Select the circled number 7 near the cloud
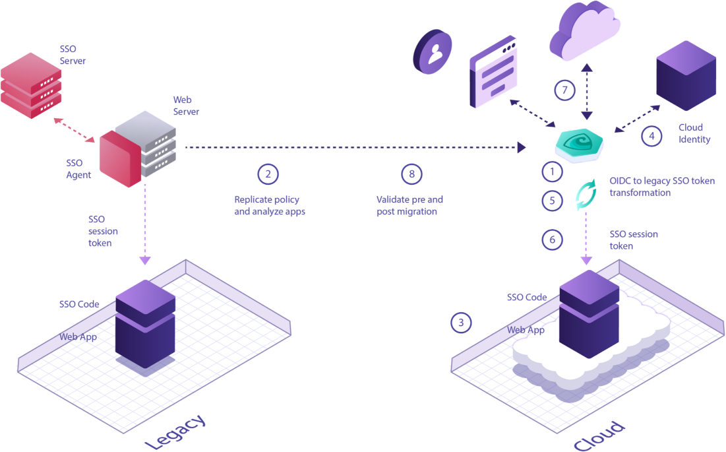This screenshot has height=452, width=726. pyautogui.click(x=564, y=90)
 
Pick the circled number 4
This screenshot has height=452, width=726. pyautogui.click(x=651, y=136)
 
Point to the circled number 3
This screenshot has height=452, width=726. pyautogui.click(x=461, y=322)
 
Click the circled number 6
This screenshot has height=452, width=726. pyautogui.click(x=553, y=240)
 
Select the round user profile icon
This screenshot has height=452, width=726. pyautogui.click(x=433, y=52)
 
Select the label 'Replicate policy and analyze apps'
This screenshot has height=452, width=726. pyautogui.click(x=270, y=205)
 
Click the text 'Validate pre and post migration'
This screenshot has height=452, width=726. pyautogui.click(x=409, y=205)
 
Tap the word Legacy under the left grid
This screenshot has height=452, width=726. pyautogui.click(x=175, y=432)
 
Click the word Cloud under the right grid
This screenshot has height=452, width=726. pyautogui.click(x=599, y=436)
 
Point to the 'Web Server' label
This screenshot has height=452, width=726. pyautogui.click(x=186, y=106)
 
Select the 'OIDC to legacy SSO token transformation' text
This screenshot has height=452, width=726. pyautogui.click(x=661, y=187)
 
